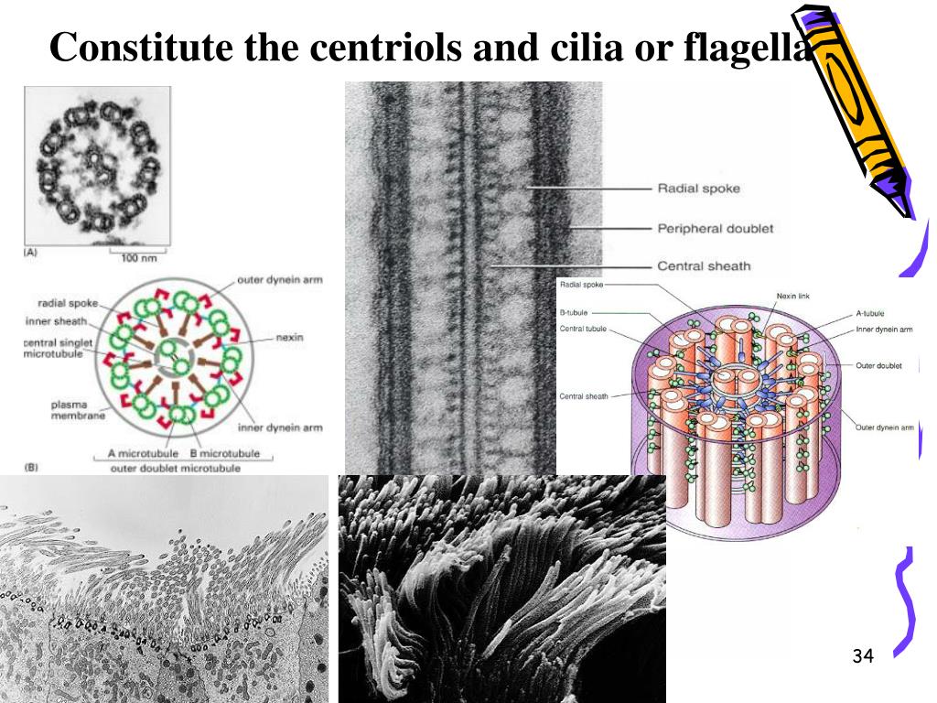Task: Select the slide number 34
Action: coord(863,655)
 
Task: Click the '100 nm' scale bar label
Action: coord(139,258)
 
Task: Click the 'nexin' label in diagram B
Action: coord(289,338)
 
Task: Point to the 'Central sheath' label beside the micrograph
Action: coord(704,266)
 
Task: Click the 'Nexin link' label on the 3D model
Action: coord(792,297)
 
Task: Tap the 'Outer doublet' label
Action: coord(878,365)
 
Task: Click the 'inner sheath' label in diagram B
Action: coord(62,320)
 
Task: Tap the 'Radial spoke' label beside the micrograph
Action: coord(699,189)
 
